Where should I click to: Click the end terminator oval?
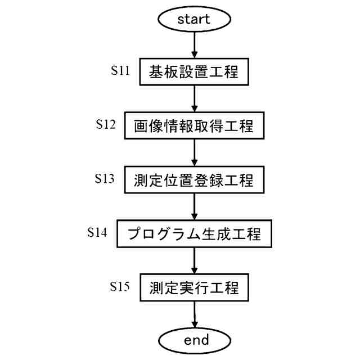193,340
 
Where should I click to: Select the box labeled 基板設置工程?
193,72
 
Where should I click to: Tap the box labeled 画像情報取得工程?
193,127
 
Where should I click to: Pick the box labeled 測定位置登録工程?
193,181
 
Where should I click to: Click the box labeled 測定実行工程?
193,288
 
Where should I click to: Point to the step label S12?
105,125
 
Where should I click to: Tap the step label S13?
105,179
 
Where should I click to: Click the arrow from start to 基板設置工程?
193,45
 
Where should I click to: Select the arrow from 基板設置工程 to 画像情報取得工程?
193,99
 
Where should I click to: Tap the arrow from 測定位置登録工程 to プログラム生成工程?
193,207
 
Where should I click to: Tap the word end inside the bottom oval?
193,340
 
